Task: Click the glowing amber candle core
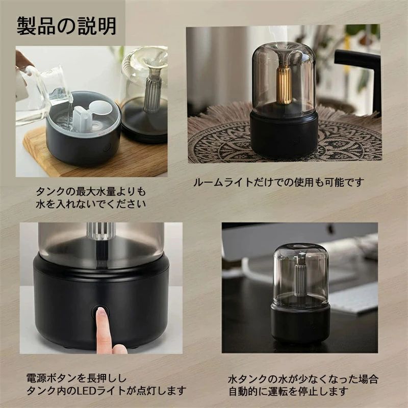click(284, 85)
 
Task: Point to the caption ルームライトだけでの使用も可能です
click(279, 182)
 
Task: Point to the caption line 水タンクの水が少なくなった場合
click(303, 379)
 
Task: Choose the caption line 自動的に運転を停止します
click(288, 391)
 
